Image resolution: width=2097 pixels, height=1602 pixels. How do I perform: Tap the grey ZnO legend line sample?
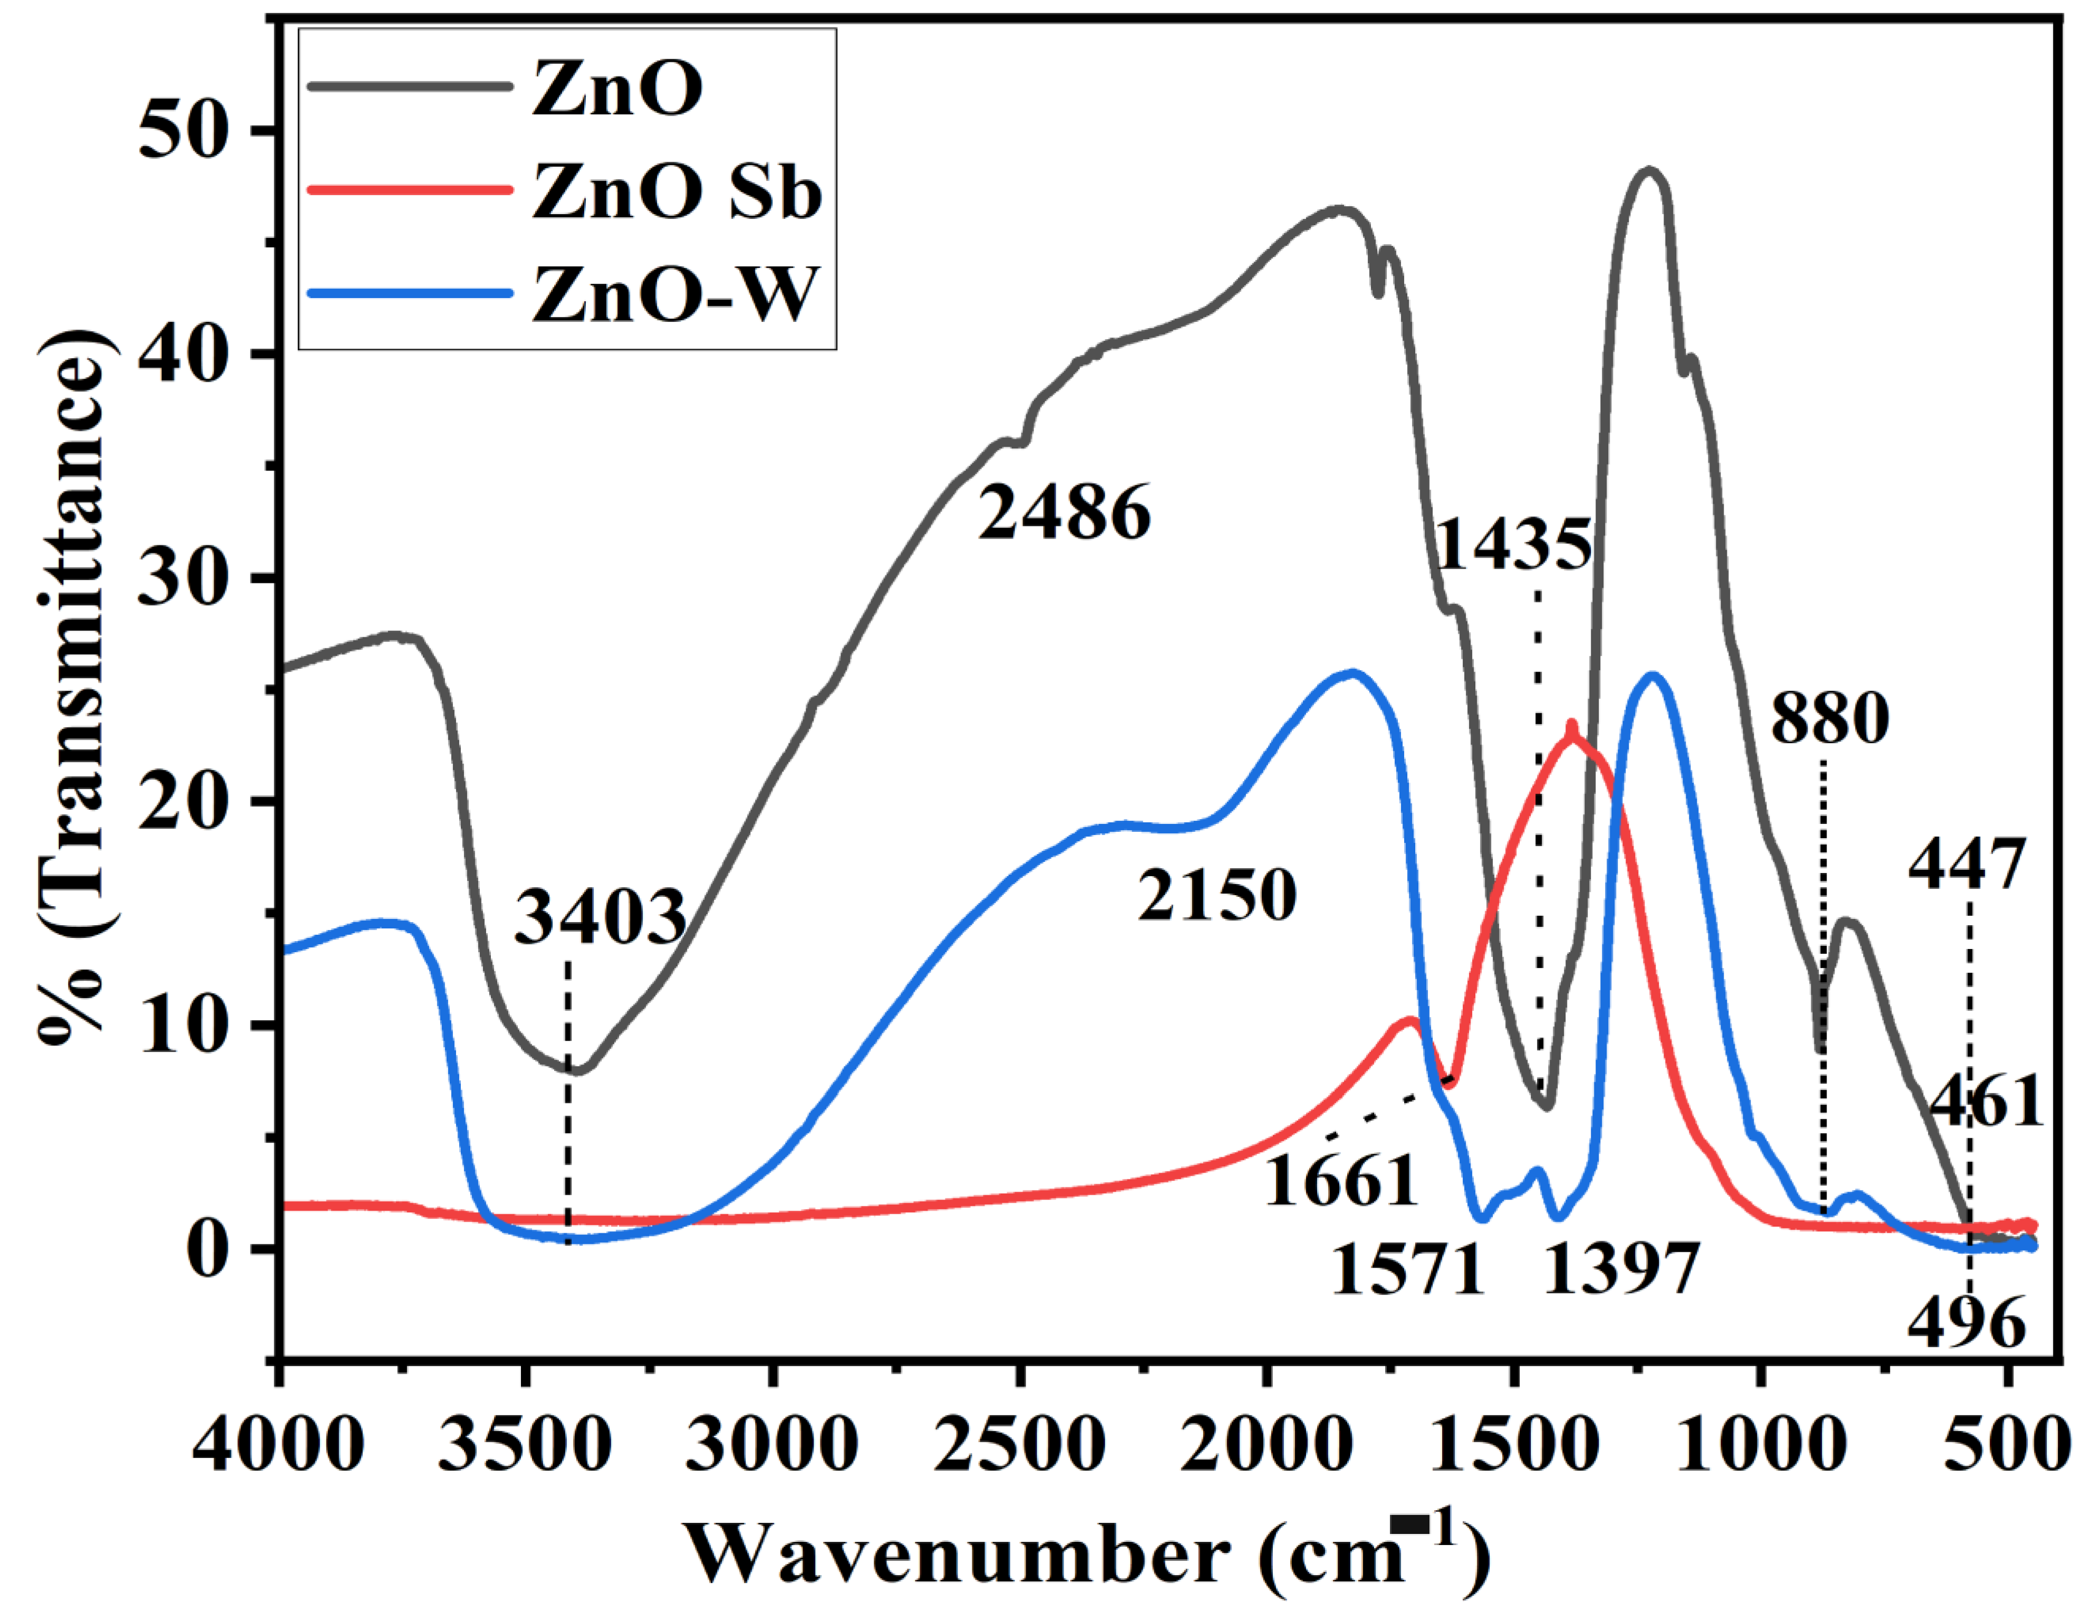tap(410, 87)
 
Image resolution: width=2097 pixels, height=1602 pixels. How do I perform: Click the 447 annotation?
tap(1966, 865)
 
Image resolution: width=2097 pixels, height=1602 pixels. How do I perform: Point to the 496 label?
tap(1966, 1323)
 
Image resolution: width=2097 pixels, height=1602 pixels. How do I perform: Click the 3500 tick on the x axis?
tap(524, 1445)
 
